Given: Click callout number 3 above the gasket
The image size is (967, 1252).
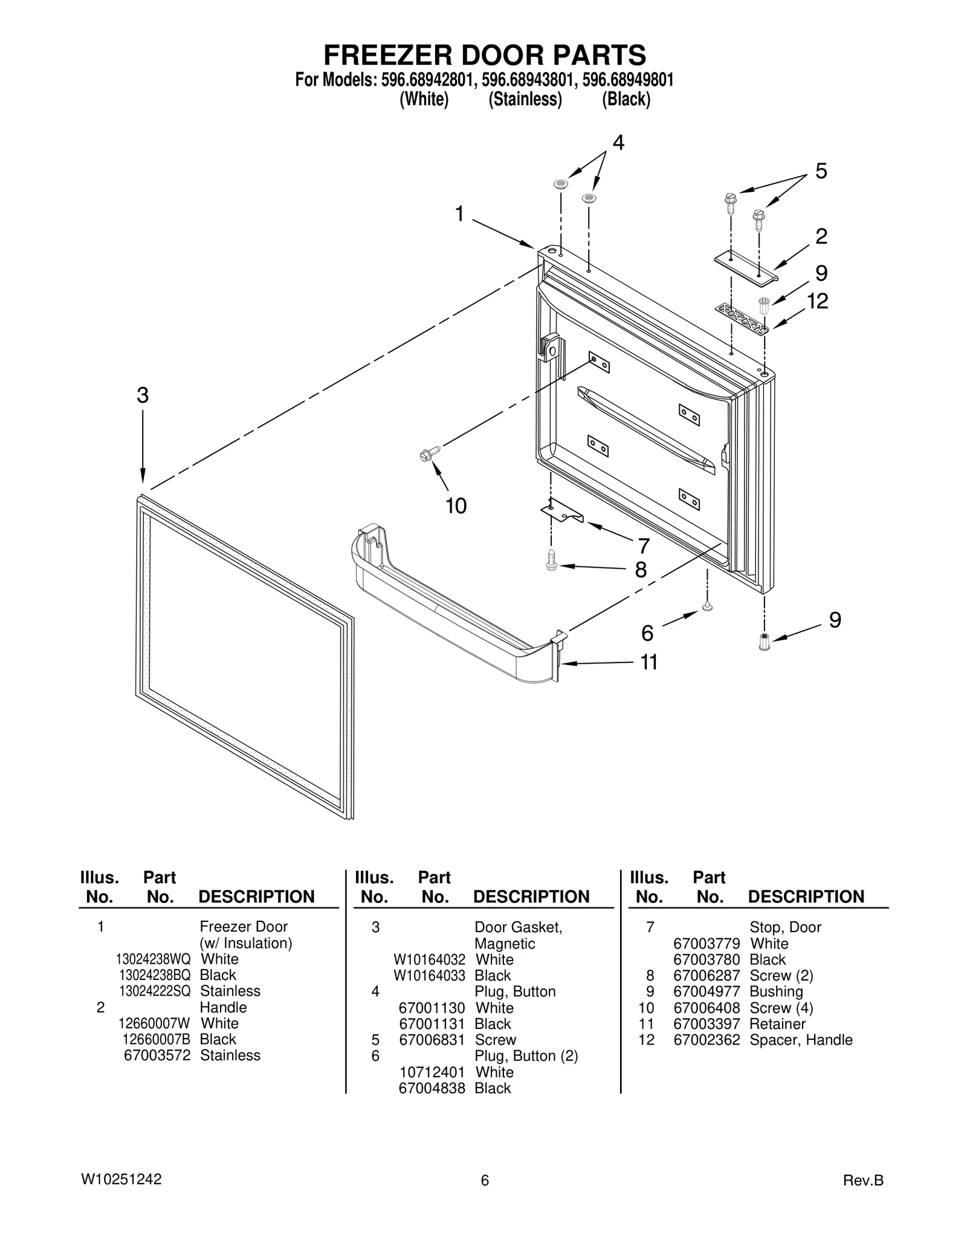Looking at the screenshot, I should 143,395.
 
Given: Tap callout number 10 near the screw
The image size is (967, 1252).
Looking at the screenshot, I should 456,506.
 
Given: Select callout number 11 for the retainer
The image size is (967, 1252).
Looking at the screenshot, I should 648,663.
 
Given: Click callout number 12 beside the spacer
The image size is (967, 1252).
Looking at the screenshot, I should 817,301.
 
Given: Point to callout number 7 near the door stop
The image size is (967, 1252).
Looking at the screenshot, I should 644,546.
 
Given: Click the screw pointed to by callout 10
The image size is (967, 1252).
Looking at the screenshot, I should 429,453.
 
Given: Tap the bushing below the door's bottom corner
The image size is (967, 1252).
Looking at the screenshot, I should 765,641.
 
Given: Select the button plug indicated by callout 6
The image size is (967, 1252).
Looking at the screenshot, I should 707,606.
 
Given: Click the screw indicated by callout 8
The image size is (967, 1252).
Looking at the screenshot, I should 551,560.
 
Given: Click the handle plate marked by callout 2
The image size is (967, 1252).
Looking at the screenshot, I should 746,267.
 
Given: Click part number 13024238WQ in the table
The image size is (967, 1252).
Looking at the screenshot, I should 153,959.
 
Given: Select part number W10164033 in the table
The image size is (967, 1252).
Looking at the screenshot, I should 429,975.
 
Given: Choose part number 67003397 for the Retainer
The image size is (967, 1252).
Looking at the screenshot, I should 706,1023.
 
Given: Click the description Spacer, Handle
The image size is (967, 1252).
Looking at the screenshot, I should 801,1040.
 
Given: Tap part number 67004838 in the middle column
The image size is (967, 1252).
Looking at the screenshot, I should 432,1088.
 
